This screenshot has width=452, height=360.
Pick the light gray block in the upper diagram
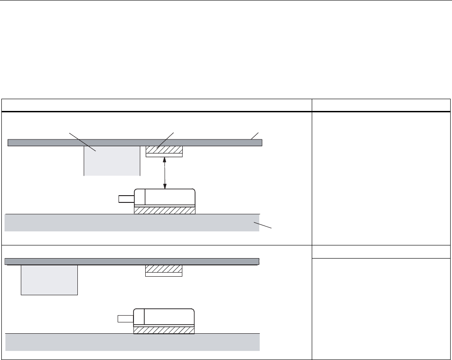click(x=112, y=160)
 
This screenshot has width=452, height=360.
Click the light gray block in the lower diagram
click(x=49, y=280)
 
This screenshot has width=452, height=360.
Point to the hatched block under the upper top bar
click(x=164, y=149)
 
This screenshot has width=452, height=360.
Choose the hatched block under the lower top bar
click(x=163, y=269)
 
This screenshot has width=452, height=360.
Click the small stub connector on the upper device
click(x=125, y=198)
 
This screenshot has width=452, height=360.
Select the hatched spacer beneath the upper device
click(x=165, y=210)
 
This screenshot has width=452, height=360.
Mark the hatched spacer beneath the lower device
click(x=164, y=330)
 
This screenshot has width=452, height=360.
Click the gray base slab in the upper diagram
click(x=132, y=222)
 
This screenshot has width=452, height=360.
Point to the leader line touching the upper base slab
click(x=265, y=226)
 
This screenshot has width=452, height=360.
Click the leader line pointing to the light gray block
click(x=82, y=140)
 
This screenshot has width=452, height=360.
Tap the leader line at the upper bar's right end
click(x=255, y=136)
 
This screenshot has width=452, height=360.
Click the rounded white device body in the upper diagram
click(x=170, y=197)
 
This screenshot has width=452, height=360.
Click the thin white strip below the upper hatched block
click(x=164, y=155)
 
